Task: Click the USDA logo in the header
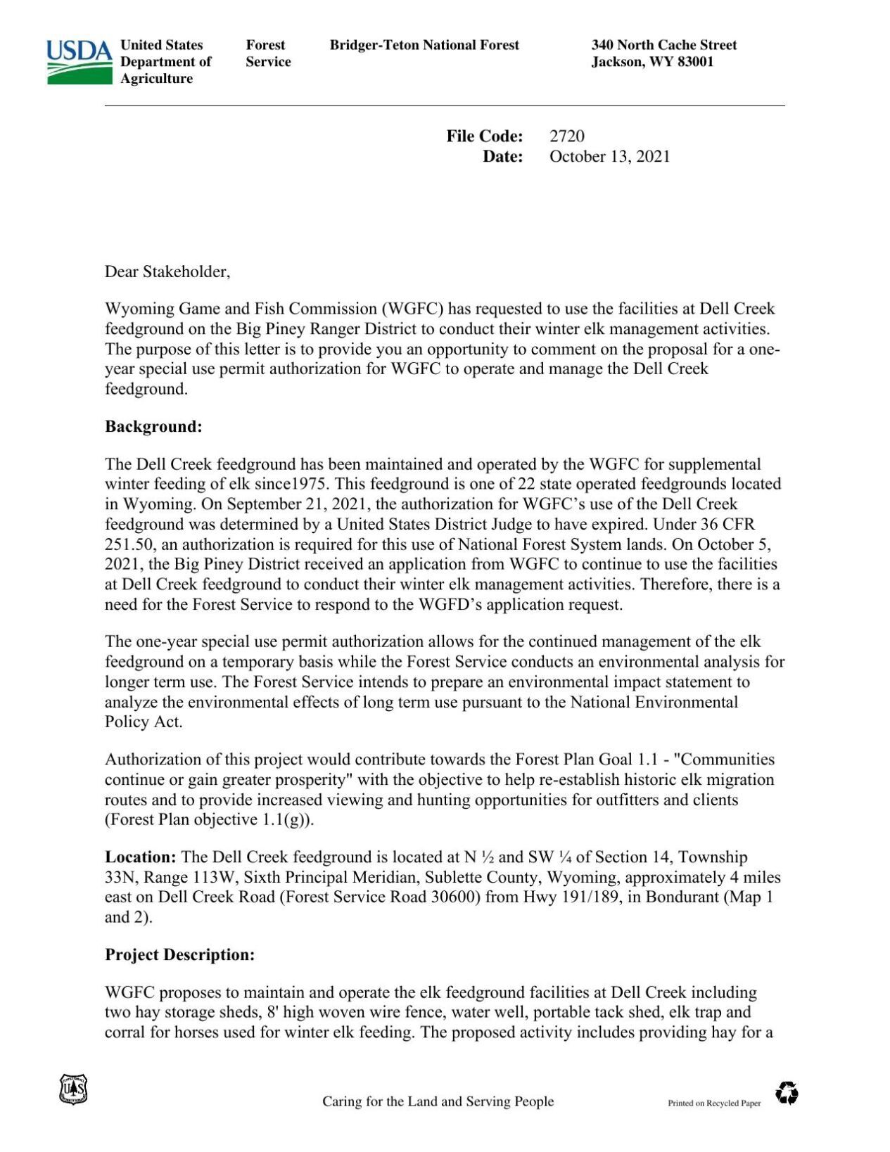79,62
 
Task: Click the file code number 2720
566,136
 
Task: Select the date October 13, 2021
609,157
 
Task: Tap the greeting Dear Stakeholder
167,271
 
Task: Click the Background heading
153,427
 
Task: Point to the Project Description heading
179,955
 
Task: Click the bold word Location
140,857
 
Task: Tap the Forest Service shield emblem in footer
73,1089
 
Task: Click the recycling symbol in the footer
787,1094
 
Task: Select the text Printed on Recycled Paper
714,1103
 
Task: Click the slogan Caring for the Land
438,1102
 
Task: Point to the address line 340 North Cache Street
663,45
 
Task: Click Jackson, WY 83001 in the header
652,62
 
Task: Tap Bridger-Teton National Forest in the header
424,45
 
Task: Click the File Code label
484,136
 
